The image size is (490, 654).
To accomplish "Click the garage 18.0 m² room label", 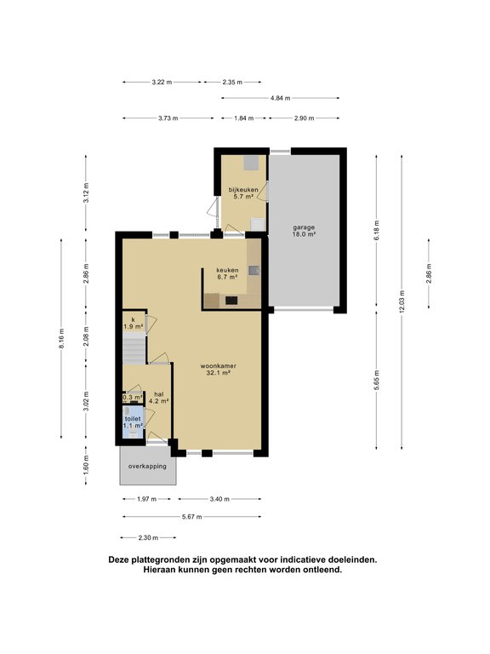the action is [304, 231].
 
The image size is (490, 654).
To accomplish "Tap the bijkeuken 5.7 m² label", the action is [243, 192].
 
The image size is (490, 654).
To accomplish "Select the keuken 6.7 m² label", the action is [227, 272].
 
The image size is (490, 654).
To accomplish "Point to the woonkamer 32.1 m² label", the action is [219, 370].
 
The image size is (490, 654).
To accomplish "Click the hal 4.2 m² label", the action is [159, 398].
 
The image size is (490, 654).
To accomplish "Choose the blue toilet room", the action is [133, 422].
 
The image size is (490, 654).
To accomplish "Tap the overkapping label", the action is [147, 467].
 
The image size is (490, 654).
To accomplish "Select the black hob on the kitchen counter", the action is [231, 300].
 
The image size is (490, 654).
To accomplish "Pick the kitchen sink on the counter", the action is [254, 271].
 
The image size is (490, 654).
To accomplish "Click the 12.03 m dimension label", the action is [402, 301].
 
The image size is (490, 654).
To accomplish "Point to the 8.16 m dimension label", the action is [61, 339].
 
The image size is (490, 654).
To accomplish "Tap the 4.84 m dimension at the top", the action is [281, 99].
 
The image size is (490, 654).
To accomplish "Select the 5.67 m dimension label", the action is [192, 517].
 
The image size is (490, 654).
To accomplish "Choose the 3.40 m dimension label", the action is [219, 499].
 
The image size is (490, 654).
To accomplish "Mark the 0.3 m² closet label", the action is [133, 398].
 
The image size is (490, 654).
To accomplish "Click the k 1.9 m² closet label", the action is [134, 324].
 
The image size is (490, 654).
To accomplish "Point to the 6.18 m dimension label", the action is [377, 230].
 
